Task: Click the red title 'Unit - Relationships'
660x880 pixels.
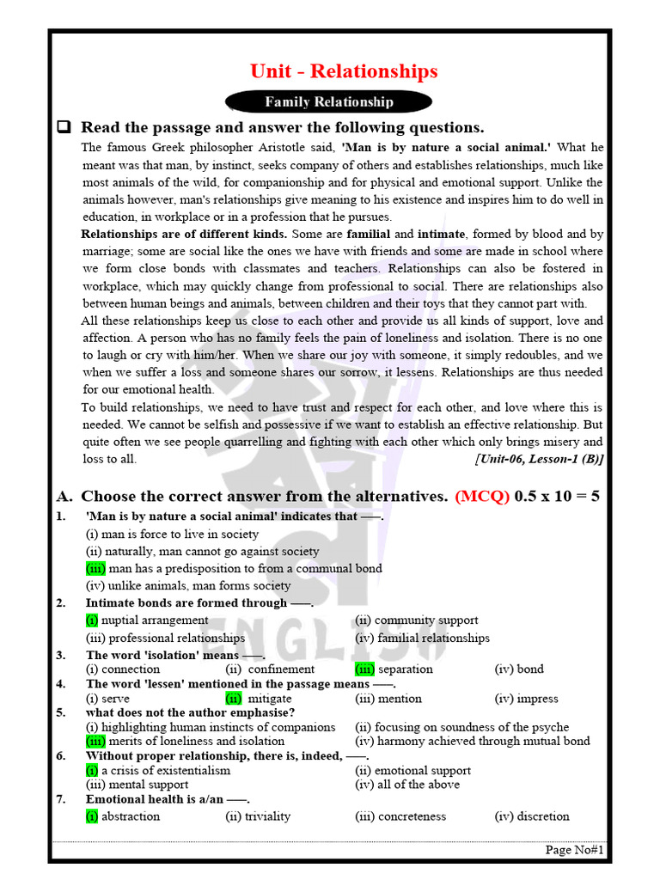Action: click(x=344, y=71)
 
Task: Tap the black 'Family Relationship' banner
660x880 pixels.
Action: click(x=328, y=102)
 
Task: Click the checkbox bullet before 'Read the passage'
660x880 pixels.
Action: click(x=63, y=127)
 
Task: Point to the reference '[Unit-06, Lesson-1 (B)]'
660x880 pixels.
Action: click(x=539, y=459)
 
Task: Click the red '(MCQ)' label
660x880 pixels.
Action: click(x=482, y=496)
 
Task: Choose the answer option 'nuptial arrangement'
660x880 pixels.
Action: click(x=142, y=620)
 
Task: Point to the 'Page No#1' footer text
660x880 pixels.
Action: click(x=575, y=850)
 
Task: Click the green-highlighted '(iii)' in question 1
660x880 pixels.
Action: click(x=95, y=568)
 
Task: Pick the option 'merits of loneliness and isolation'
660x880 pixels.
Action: click(x=197, y=741)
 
